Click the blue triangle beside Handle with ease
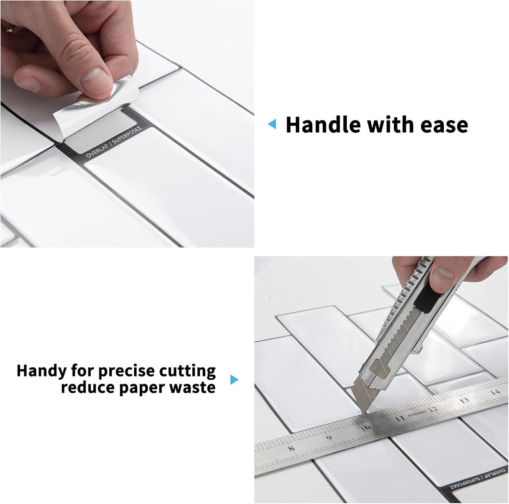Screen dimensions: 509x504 click(272, 124)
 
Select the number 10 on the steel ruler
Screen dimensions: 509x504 click(365, 428)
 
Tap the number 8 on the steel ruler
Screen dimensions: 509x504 click(291, 448)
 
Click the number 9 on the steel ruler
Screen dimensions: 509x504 click(328, 437)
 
